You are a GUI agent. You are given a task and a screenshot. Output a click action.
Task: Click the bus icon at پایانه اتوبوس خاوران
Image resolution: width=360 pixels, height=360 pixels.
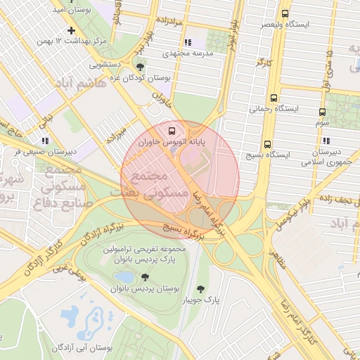click(170, 130)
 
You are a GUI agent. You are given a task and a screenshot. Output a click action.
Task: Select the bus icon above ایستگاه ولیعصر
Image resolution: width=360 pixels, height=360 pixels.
click(284, 13)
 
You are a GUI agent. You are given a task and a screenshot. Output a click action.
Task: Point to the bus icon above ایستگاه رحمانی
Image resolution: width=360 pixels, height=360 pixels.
click(274, 98)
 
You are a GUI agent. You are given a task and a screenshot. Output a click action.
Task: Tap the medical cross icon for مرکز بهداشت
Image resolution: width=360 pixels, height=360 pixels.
click(71, 31)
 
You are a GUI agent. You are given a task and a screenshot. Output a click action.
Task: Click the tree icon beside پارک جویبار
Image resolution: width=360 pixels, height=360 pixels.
click(202, 288)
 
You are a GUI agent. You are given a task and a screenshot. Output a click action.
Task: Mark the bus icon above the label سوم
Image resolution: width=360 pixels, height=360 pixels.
click(322, 112)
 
